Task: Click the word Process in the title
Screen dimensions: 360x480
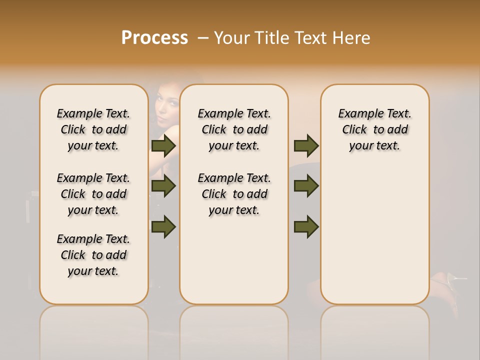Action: click(x=154, y=38)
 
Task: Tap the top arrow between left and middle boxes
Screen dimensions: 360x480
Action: click(x=163, y=145)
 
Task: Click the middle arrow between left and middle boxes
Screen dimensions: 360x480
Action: click(x=163, y=186)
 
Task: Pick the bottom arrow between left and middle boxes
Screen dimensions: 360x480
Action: click(x=163, y=226)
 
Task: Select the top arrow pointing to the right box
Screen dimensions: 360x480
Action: click(x=306, y=145)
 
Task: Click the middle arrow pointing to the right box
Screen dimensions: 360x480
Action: click(x=306, y=186)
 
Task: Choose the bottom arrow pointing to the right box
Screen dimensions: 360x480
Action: click(x=306, y=226)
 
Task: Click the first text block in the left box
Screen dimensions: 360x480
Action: click(x=93, y=129)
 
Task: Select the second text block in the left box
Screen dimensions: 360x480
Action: click(x=93, y=194)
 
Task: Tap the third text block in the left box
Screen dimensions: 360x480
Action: click(x=93, y=255)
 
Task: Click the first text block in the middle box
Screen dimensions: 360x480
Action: click(x=234, y=129)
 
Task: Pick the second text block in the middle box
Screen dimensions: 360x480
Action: click(x=234, y=194)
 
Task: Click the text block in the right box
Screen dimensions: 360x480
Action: click(x=375, y=129)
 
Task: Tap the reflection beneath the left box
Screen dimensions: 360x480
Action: click(x=94, y=330)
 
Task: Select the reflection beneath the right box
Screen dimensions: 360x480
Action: click(x=375, y=330)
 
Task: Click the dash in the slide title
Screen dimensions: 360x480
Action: click(x=203, y=38)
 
